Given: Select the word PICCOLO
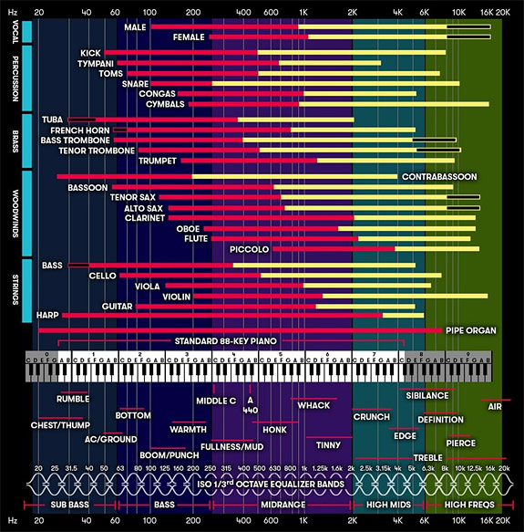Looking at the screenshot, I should point(249,248).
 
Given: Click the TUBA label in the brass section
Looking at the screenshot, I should point(52,120).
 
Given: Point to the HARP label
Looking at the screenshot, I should point(47,315).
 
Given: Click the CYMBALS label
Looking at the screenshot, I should point(165,104).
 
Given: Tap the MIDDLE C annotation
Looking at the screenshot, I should point(216,401).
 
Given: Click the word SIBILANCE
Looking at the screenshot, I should point(426,395).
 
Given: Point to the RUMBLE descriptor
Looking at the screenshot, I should point(73,399).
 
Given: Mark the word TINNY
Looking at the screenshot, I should point(328,445).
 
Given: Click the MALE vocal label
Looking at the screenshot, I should point(135,26).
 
